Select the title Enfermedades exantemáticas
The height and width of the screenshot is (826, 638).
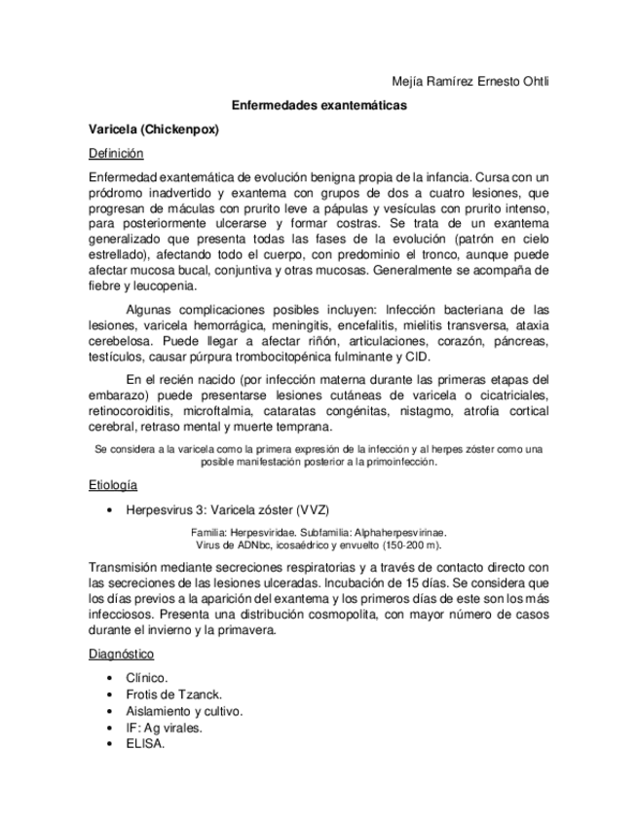pos(319,104)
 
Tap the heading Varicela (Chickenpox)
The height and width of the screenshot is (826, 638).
pos(152,129)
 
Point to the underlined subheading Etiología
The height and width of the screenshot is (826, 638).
pos(112,484)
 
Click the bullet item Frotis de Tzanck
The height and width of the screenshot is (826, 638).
pos(174,695)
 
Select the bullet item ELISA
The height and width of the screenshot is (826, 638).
pos(145,743)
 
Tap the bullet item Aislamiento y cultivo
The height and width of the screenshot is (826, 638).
pos(184,711)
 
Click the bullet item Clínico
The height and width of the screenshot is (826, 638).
pos(147,678)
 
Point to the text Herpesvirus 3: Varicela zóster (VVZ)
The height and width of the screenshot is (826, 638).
pos(234,508)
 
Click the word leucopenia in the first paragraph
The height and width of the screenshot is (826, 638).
pos(162,286)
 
